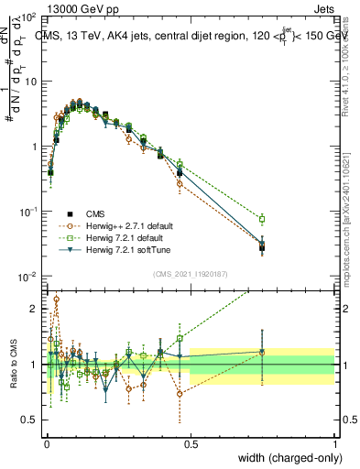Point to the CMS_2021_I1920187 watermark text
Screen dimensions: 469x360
189,273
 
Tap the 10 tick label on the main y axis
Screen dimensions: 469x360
32,81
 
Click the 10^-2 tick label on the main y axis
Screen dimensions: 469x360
30,277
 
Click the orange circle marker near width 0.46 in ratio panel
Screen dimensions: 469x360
180,394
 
